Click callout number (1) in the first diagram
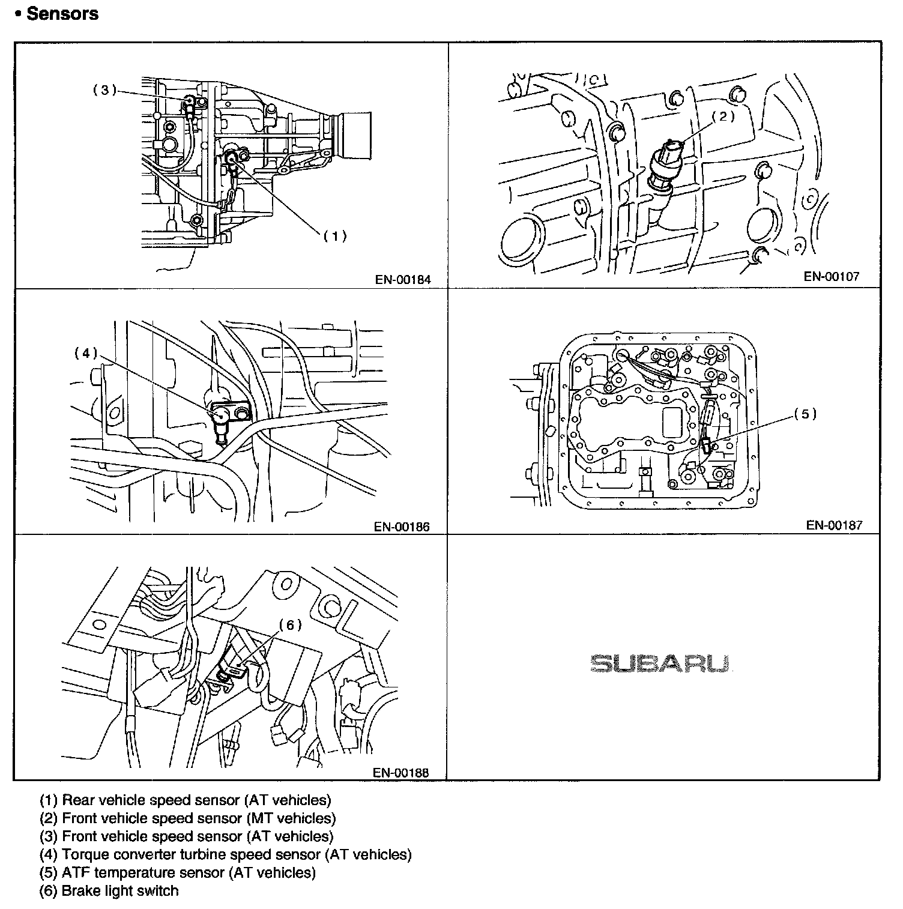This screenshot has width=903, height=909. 335,236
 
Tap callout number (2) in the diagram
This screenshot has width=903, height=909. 724,116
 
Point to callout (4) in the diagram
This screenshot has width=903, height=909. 85,353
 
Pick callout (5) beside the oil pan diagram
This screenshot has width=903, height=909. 805,414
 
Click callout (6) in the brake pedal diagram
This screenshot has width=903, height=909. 290,625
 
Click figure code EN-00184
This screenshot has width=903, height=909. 403,279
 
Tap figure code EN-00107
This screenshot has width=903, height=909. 832,276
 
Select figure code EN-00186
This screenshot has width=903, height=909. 402,527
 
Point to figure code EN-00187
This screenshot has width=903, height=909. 834,525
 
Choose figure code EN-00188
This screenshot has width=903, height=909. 401,773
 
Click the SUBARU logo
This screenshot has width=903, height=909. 659,663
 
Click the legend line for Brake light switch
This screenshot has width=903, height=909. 109,890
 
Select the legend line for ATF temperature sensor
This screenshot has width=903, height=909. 178,872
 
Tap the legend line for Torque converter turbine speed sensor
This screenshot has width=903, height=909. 226,854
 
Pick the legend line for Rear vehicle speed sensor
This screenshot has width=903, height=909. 186,800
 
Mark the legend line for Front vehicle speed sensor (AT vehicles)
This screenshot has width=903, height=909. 186,836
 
